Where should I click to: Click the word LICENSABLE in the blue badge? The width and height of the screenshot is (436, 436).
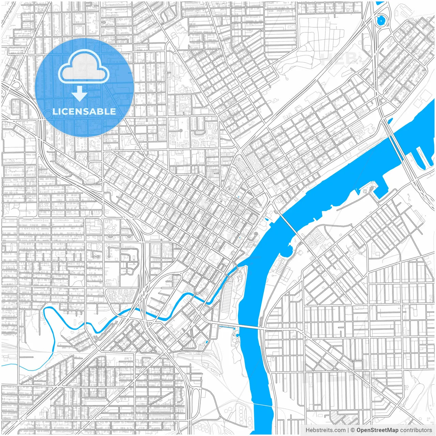click(x=84, y=111)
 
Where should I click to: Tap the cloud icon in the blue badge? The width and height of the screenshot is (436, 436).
click(x=84, y=67)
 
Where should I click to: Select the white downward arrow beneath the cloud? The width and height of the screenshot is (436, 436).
click(x=80, y=93)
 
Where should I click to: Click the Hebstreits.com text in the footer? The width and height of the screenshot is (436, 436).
click(x=325, y=430)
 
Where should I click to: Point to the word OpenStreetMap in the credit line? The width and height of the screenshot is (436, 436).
click(x=377, y=430)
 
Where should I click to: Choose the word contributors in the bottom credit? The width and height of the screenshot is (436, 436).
click(x=416, y=430)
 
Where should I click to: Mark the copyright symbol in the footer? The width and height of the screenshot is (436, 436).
click(x=353, y=430)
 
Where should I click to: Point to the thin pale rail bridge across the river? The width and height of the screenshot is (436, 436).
click(x=263, y=405)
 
